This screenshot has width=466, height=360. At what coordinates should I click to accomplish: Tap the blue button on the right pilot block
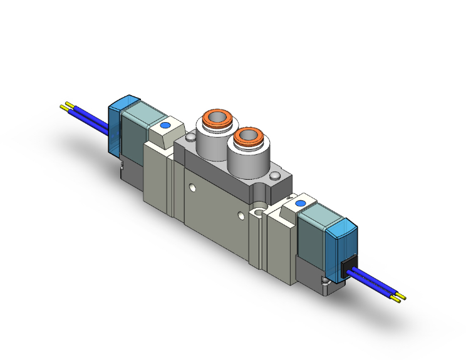tap(299, 203)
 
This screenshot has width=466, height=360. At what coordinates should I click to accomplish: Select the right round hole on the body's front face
tap(241, 216)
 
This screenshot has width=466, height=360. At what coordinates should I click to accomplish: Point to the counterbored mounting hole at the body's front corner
tap(257, 213)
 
